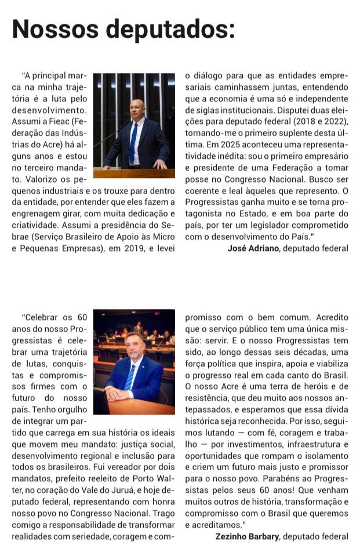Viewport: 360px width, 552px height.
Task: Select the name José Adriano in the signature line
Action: [x=254, y=248]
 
